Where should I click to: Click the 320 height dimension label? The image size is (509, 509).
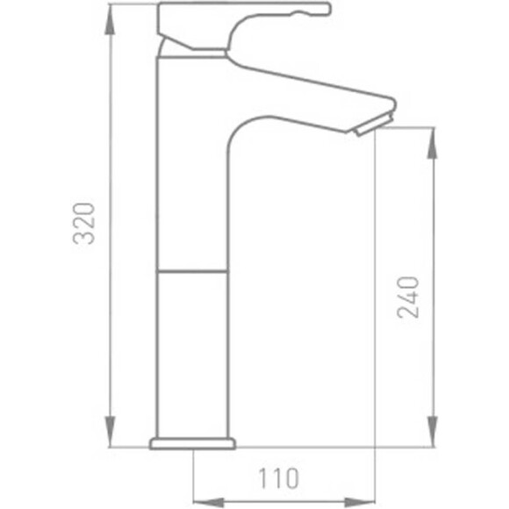point(82,225)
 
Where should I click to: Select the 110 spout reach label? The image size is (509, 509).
point(278,478)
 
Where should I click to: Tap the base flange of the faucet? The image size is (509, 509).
point(193,443)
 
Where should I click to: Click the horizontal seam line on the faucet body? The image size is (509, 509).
point(192,271)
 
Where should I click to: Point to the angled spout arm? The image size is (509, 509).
point(307,97)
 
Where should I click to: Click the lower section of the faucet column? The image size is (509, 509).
point(192,351)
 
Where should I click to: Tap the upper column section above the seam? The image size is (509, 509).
point(192,176)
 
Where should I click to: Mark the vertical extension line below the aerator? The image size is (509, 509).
point(376,307)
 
